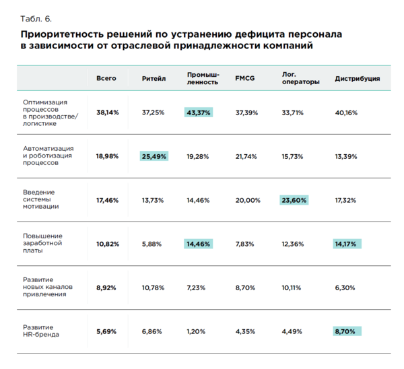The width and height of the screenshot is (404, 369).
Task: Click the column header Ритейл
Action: coord(154,78)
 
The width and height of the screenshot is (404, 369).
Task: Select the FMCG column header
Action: coord(245,78)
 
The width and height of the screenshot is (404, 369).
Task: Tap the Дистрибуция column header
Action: coord(357,79)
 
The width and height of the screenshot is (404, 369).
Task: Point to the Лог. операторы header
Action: coord(301,78)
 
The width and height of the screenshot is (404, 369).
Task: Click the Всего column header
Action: coord(106,78)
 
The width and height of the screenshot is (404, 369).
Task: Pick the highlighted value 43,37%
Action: coord(199,112)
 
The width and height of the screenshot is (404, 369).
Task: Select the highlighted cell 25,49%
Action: coord(154,156)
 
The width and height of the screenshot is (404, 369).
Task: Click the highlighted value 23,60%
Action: coord(294,200)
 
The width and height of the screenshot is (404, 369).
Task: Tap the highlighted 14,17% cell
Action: coord(347,244)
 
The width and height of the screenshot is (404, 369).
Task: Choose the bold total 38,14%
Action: coord(108,112)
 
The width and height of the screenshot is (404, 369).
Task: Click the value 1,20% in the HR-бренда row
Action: coord(196,331)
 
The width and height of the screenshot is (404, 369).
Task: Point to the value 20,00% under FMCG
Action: coord(248,200)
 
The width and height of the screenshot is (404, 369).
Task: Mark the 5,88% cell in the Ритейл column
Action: coord(151,244)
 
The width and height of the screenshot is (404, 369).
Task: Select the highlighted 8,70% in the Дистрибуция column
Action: coord(347,331)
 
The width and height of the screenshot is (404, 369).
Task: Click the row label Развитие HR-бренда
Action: coord(41,331)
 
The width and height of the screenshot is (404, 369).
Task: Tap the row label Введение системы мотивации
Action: coord(40,199)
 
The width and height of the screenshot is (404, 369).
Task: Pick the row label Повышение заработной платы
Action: coord(42,243)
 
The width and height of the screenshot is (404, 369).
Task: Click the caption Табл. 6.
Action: coord(36,19)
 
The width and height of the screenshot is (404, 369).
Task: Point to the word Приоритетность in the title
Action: coord(62,34)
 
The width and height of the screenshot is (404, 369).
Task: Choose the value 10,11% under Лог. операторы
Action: coord(291,288)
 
